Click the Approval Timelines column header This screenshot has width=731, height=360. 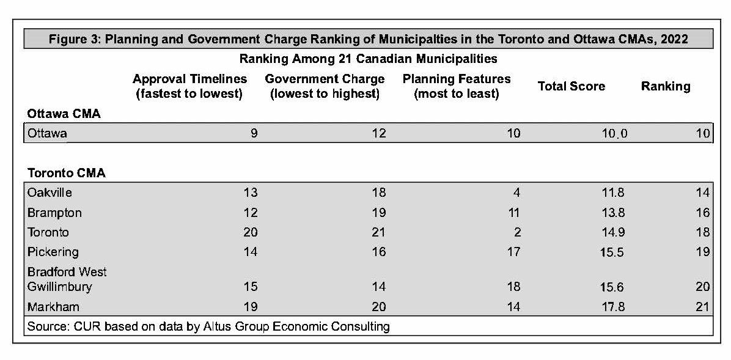[x=189, y=86]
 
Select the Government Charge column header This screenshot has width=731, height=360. [x=325, y=86]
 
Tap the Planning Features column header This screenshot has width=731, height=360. [x=456, y=86]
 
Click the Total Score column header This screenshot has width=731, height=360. [x=571, y=86]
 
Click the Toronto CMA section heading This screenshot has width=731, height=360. [x=66, y=173]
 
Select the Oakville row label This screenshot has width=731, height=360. [x=50, y=193]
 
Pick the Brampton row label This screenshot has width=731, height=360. [x=54, y=213]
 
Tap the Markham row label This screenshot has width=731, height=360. [x=53, y=307]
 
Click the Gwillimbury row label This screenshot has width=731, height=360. [x=59, y=287]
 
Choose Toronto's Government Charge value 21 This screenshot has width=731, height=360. [x=379, y=232]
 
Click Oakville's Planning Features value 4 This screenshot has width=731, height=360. [x=516, y=193]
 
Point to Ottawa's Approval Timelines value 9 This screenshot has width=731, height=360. [x=254, y=133]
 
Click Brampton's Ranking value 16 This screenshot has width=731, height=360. [x=702, y=213]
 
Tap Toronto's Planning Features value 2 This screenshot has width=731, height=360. [x=516, y=232]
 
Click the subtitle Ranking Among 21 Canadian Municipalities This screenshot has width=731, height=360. [x=368, y=59]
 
